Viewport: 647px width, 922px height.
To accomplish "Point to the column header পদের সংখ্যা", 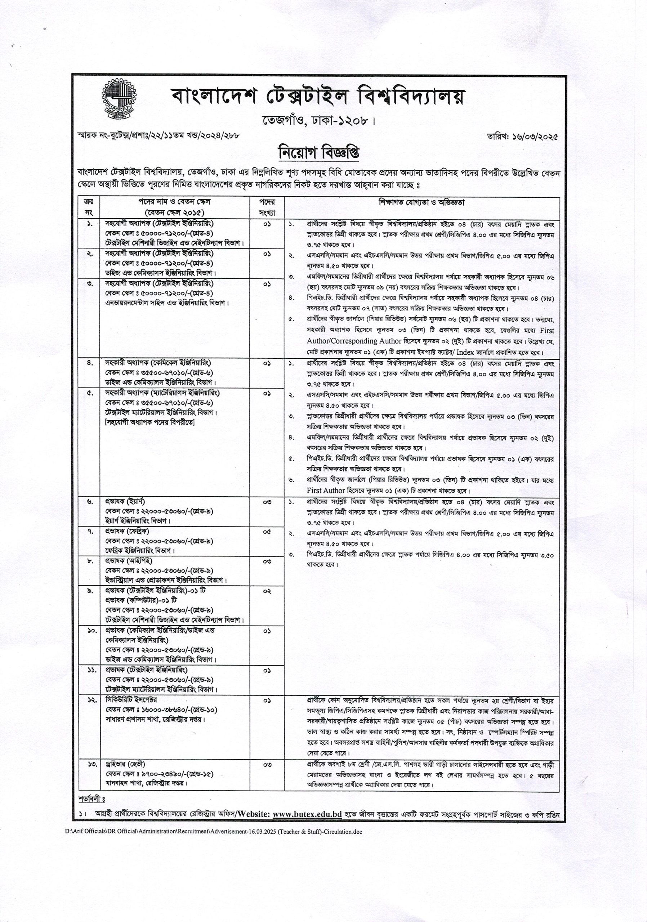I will pos(267,207).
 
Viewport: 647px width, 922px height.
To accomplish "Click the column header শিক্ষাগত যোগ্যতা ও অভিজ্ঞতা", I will pos(422,202).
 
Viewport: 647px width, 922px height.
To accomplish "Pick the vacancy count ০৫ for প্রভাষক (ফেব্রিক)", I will pos(267,532).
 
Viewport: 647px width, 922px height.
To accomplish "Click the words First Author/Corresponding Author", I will pos(354,341).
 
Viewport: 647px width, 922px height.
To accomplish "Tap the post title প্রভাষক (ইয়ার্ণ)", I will pos(125,502).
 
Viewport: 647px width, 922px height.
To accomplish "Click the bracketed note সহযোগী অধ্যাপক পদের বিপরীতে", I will pos(150,422).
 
